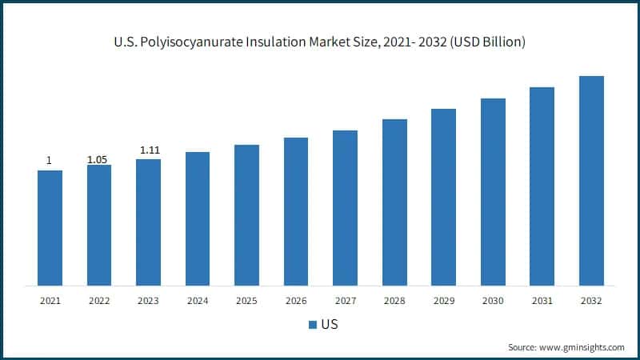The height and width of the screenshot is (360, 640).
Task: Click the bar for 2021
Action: [50, 228]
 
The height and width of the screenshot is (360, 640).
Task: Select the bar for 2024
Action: [198, 218]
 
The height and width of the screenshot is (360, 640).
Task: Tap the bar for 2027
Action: [345, 208]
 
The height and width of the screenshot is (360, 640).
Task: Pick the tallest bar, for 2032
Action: [591, 181]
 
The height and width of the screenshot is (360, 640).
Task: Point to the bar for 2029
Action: [443, 197]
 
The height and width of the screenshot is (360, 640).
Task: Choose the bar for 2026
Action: [296, 211]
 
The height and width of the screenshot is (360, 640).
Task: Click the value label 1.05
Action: [98, 159]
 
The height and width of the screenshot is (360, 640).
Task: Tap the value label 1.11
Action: [148, 150]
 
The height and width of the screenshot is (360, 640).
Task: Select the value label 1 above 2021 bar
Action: [50, 161]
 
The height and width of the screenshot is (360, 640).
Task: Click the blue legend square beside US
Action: [313, 326]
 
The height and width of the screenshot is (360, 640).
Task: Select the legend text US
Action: [329, 326]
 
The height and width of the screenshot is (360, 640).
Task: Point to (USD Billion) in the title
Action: [485, 42]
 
